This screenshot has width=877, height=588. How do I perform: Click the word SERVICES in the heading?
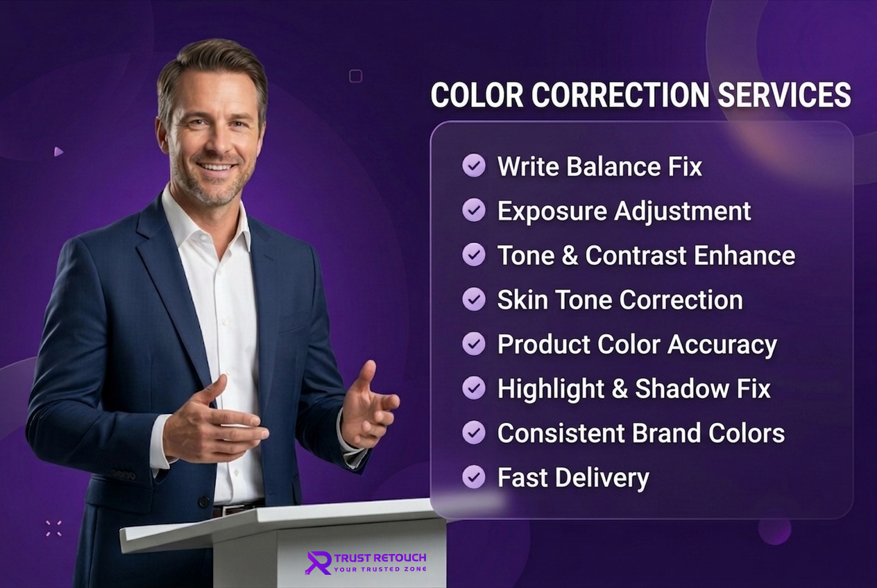coord(785,95)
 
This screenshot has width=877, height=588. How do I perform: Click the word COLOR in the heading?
coord(477,95)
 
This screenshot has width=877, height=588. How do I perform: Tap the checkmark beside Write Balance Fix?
coord(474,165)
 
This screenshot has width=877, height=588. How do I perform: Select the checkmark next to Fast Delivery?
coord(474,476)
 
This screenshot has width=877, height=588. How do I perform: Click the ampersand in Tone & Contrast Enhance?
coord(570,255)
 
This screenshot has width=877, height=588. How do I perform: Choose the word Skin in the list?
coord(522,300)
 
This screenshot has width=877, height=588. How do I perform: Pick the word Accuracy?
coord(722,345)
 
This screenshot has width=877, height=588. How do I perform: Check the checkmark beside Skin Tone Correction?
coord(474,300)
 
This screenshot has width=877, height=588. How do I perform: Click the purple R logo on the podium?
coord(318,562)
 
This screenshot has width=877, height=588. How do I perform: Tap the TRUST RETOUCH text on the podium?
coord(380,557)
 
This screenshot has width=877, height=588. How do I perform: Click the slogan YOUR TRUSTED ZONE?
coord(380,569)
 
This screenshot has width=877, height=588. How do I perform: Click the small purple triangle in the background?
coord(58,152)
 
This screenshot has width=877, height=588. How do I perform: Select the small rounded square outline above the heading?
coord(355,76)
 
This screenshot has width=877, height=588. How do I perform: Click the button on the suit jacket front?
coord(203,501)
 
